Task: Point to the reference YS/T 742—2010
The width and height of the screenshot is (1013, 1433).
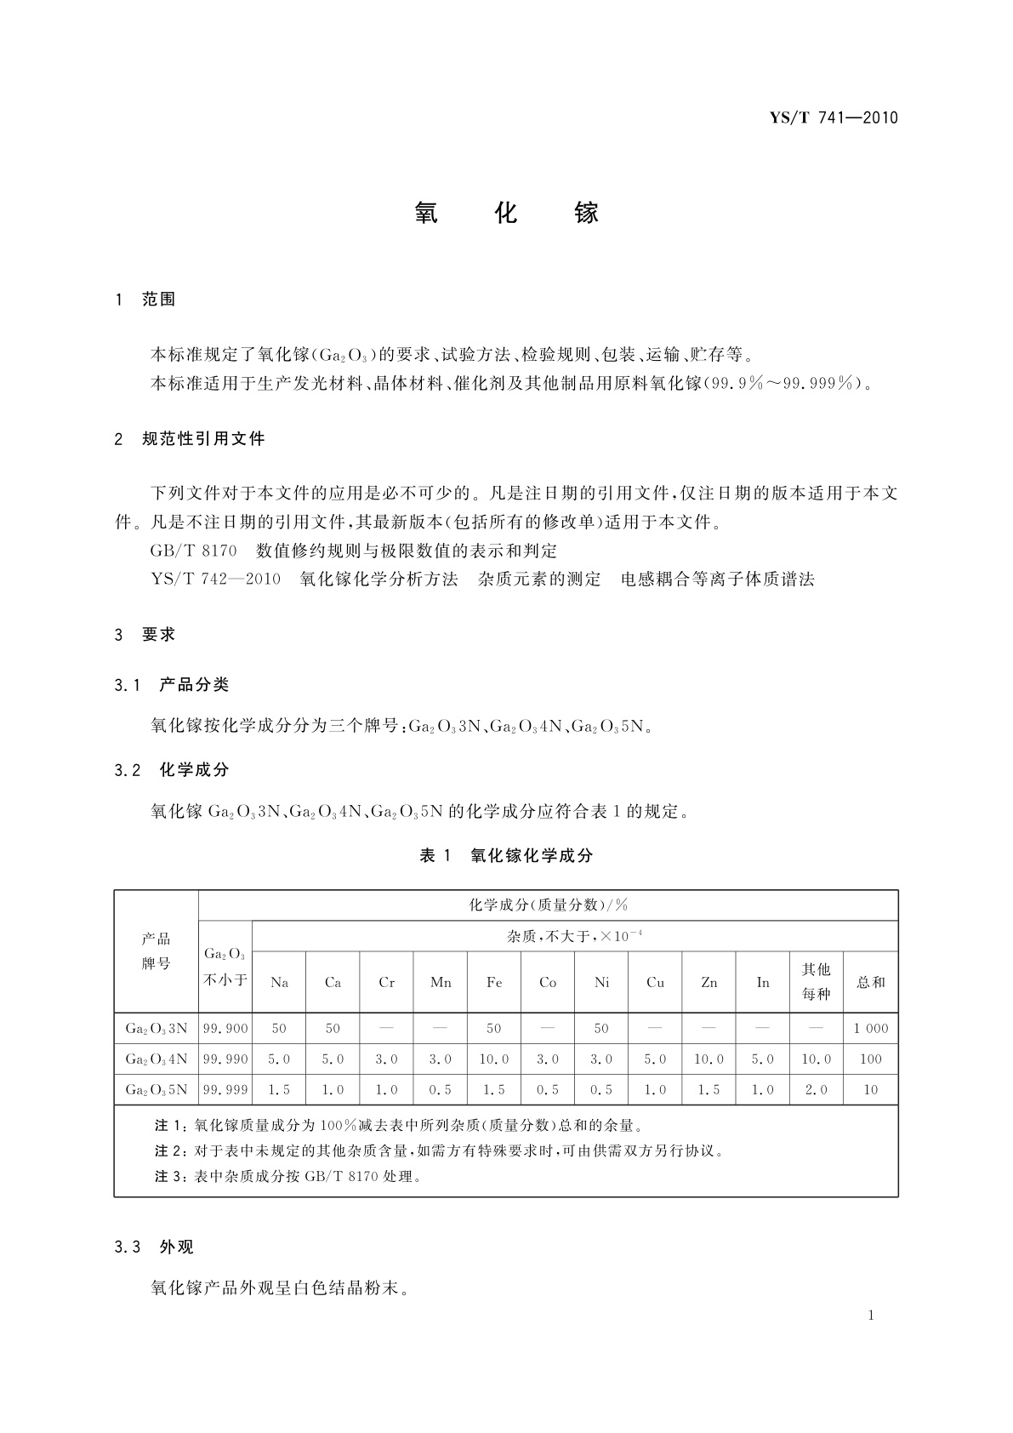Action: coord(215,579)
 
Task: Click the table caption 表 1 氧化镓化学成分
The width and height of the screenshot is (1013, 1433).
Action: coord(506,856)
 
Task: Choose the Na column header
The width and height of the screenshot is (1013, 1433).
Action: coord(279,982)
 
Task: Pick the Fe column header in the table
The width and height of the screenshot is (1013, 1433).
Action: coord(494,982)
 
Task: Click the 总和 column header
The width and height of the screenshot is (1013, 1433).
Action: coord(871,982)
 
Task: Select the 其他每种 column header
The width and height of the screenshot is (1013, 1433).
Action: coord(817,981)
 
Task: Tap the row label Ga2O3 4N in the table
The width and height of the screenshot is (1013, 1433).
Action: coord(157,1059)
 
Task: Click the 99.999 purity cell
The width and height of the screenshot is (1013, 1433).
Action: coord(225,1090)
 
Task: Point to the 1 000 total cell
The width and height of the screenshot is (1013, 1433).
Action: coord(871,1029)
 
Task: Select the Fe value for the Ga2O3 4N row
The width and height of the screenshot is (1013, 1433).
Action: coord(494,1059)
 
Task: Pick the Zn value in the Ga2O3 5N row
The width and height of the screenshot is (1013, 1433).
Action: coord(709,1090)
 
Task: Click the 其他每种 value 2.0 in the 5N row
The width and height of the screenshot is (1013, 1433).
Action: coord(817,1090)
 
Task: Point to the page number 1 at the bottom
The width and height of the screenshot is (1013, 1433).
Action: coord(871,1316)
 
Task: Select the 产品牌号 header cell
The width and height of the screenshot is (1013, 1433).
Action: coord(157,951)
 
